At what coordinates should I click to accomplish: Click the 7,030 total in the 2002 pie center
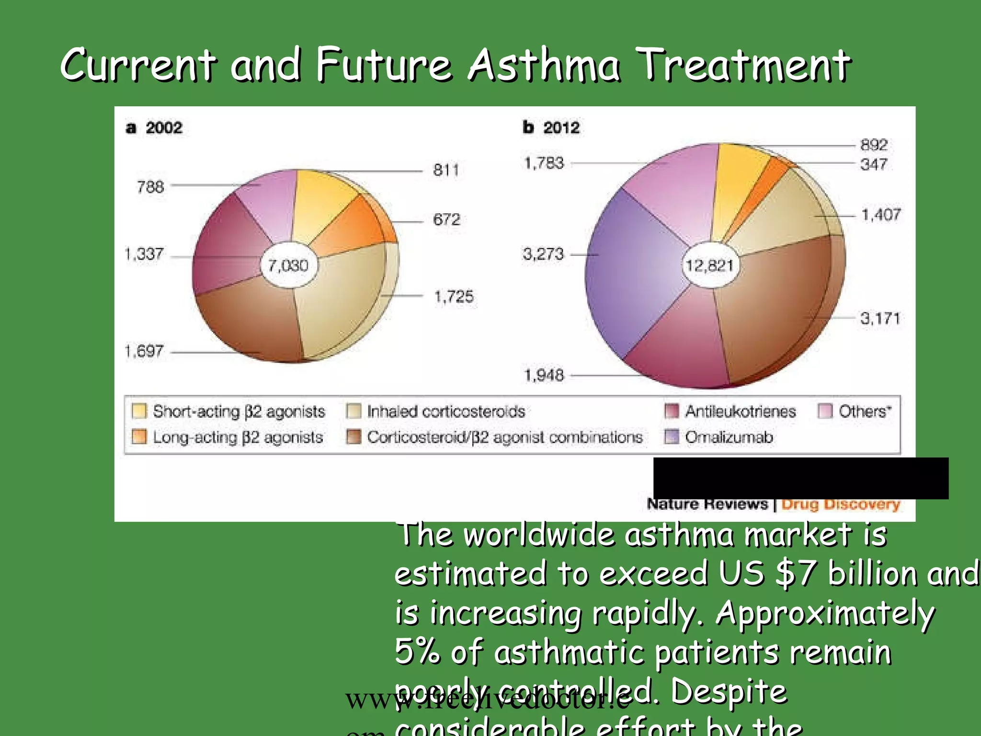tap(288, 265)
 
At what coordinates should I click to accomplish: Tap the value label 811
tap(446, 170)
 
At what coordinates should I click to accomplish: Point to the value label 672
tap(446, 219)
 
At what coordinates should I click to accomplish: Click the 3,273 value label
tap(543, 254)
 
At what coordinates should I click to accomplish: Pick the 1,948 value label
tap(544, 375)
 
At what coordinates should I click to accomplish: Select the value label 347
tap(874, 164)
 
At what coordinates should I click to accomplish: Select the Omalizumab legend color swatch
tap(672, 437)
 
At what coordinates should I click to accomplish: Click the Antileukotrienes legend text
tap(740, 412)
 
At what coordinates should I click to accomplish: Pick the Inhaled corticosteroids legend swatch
tap(354, 411)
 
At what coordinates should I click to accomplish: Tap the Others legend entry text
tap(865, 412)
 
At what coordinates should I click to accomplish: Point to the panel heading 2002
tap(164, 128)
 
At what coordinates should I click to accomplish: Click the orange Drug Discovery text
tap(841, 505)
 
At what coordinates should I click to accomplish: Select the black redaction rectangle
tap(800, 478)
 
